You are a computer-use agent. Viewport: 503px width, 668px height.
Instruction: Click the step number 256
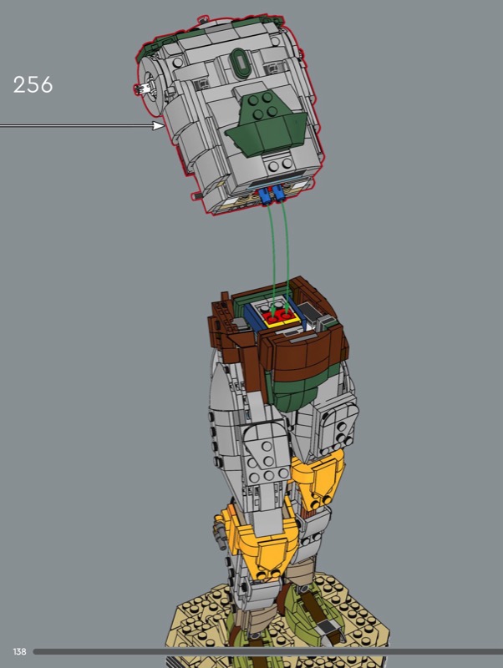[x=33, y=84]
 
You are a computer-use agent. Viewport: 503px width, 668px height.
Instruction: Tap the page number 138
[x=19, y=651]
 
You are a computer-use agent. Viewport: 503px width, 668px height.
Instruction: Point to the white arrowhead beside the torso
[x=159, y=125]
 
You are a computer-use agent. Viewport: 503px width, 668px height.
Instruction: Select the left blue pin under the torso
[x=264, y=196]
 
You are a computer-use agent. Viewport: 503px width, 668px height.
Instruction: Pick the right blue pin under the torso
[x=279, y=194]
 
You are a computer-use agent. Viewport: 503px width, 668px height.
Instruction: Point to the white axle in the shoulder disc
[x=142, y=88]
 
